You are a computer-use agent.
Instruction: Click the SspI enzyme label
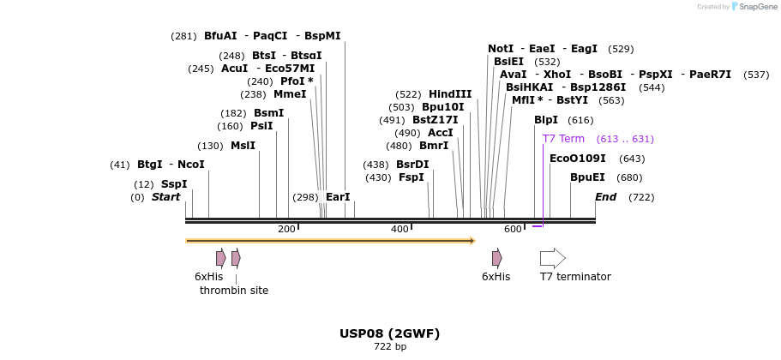point(174,184)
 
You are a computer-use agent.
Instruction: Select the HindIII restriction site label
point(450,94)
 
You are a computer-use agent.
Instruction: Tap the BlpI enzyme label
point(546,120)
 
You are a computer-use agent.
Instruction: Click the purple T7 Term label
point(563,139)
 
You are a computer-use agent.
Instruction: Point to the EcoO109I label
point(577,159)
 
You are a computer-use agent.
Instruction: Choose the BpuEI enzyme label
point(587,178)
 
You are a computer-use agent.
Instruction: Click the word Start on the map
point(166,197)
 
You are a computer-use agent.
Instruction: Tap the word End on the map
point(606,197)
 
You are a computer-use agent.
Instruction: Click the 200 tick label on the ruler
point(286,229)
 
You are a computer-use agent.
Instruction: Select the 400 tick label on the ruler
point(400,229)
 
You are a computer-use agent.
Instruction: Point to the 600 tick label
point(513,229)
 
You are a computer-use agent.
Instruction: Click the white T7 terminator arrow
point(552,258)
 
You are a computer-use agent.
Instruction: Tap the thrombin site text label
point(234,291)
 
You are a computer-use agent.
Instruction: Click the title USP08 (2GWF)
point(390,333)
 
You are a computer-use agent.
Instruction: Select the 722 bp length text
point(390,347)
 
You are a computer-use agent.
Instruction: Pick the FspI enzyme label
point(412,177)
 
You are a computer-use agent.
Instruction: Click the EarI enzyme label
point(338,197)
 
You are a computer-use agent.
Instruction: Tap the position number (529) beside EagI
point(621,49)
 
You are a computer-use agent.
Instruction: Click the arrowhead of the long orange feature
point(472,241)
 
